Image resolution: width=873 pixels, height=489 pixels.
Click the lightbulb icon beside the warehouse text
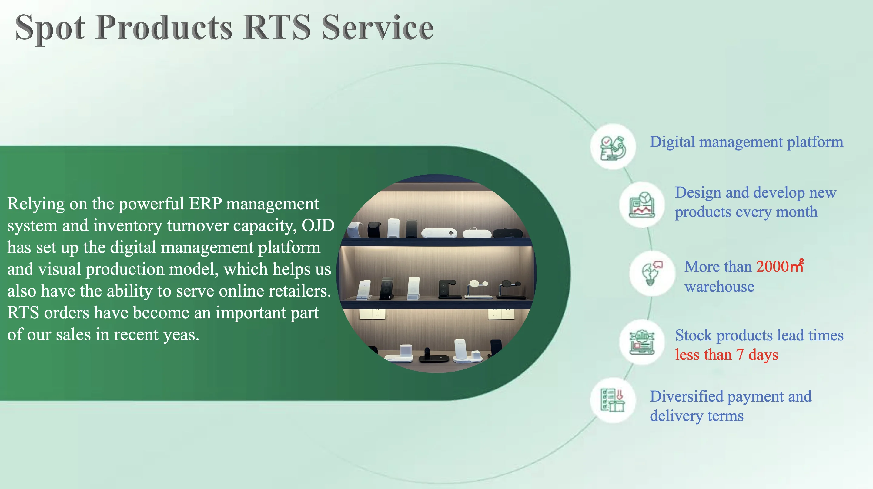652,274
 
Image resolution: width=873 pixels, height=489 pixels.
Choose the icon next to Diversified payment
613,400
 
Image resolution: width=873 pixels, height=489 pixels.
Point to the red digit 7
740,355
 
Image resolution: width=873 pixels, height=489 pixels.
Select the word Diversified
686,396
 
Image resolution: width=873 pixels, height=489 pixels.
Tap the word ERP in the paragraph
206,204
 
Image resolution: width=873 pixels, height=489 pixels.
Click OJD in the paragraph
318,225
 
